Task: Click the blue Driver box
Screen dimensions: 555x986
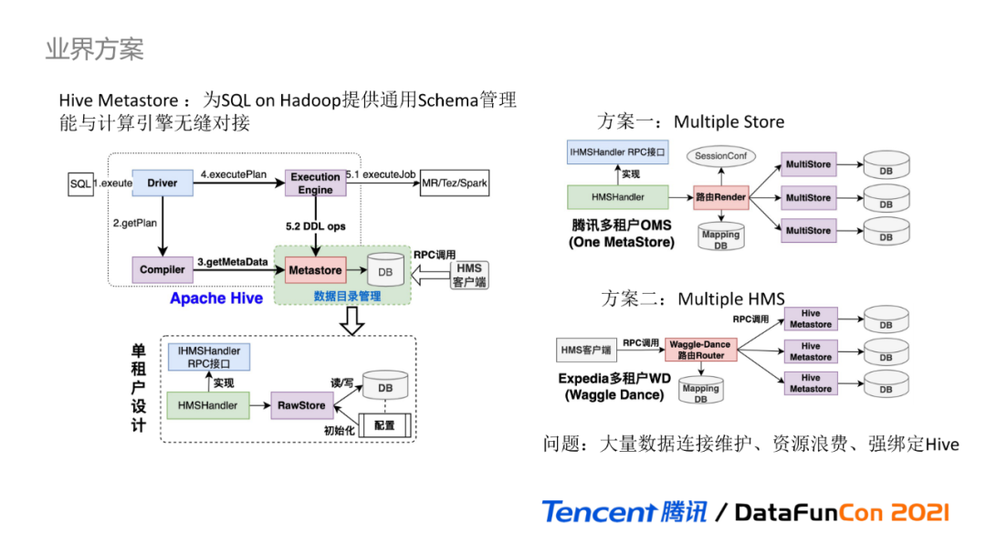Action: click(x=163, y=183)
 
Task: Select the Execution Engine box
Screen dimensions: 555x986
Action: click(x=316, y=183)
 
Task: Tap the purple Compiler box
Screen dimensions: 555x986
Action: click(x=163, y=270)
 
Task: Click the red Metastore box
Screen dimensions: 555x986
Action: click(x=315, y=270)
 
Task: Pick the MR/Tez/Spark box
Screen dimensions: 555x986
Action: click(x=455, y=183)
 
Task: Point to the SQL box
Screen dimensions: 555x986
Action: click(x=81, y=183)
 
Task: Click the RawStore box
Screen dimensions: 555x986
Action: click(x=300, y=405)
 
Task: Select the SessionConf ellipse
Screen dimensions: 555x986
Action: click(x=720, y=156)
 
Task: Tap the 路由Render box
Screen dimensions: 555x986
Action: click(x=720, y=196)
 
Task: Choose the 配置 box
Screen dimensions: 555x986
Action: click(x=385, y=425)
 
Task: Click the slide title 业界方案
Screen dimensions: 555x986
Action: click(x=95, y=49)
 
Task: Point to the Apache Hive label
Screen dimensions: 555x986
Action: click(x=216, y=298)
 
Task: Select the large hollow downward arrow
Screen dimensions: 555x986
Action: click(x=351, y=319)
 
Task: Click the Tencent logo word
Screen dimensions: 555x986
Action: click(x=598, y=512)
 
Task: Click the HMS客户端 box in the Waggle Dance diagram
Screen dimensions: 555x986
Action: click(x=584, y=350)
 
